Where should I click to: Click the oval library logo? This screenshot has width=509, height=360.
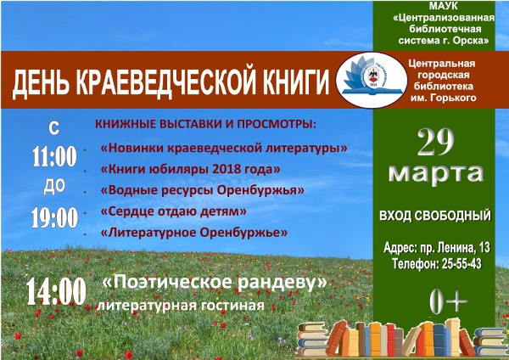(372, 80)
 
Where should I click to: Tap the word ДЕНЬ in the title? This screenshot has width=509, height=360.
(41, 84)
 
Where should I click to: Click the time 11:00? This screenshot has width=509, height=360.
(54, 156)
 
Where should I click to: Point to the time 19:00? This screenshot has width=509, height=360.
(54, 217)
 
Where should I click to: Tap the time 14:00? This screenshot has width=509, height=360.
(56, 291)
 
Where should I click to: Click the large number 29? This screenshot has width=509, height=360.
(436, 143)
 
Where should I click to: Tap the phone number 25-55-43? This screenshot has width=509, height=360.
(461, 263)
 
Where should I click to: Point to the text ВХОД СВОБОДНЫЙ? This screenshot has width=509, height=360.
(435, 216)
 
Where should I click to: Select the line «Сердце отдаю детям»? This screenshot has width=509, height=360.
(174, 211)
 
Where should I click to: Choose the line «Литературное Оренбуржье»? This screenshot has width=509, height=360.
(194, 233)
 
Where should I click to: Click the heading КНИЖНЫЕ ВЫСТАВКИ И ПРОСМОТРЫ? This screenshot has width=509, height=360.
(205, 125)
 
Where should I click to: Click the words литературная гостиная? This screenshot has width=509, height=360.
(181, 306)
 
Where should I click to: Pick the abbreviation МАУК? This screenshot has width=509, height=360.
(444, 6)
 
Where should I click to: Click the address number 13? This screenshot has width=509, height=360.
(484, 248)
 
